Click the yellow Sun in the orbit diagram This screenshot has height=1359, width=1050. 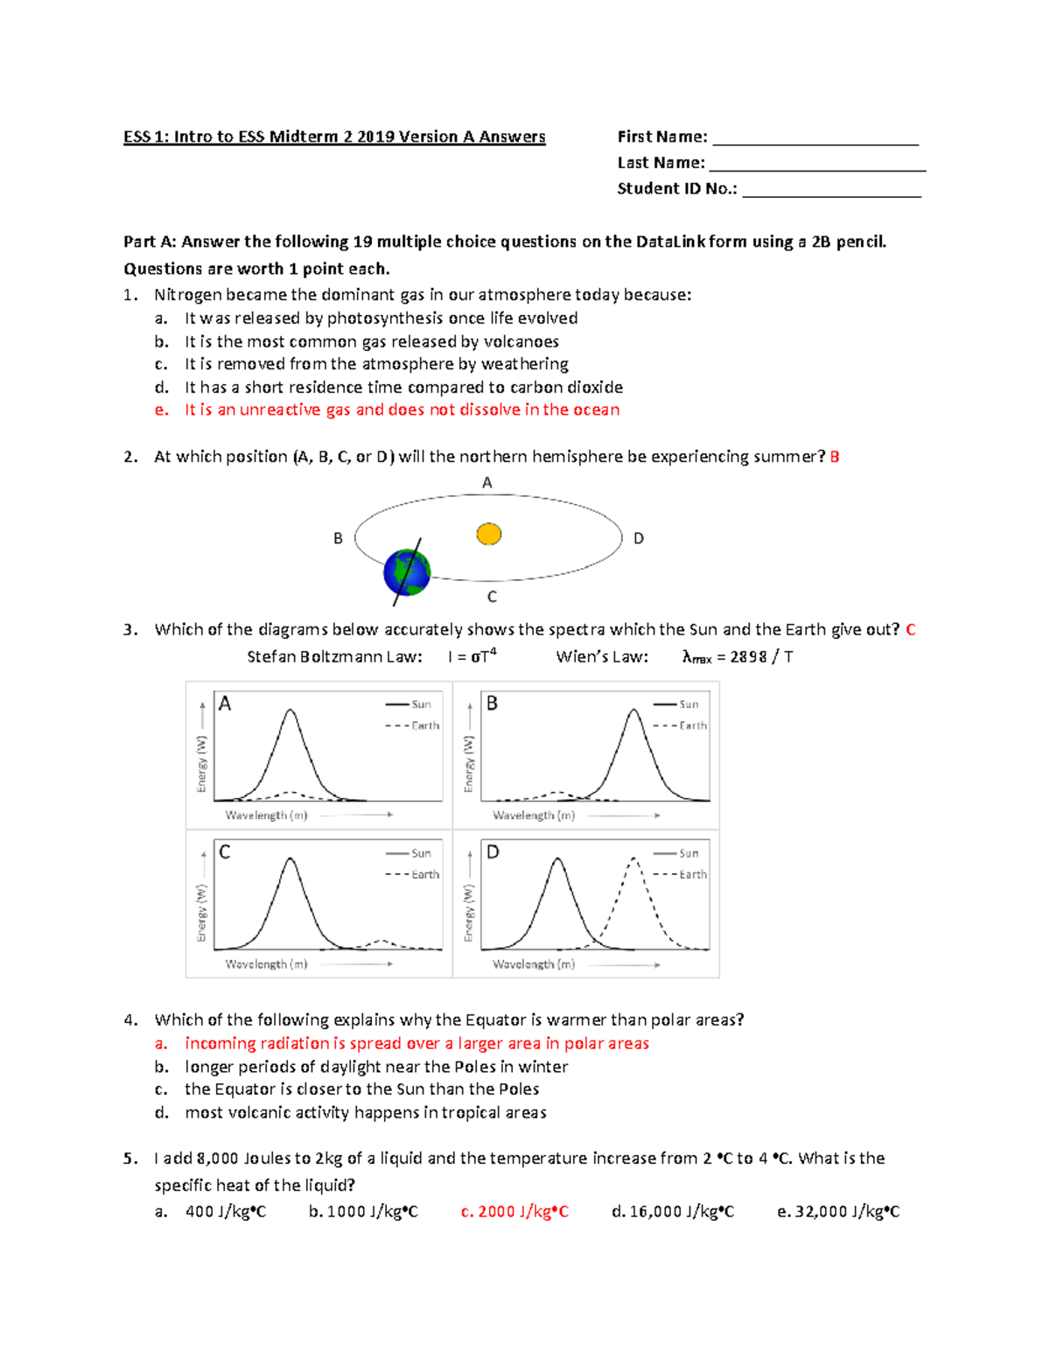click(x=488, y=534)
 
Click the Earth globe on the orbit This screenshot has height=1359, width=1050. click(x=407, y=572)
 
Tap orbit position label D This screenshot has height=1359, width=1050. click(x=639, y=538)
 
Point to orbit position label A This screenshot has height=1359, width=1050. click(x=487, y=483)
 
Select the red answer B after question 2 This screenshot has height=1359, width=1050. click(x=835, y=457)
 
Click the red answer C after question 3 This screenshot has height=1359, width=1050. click(x=911, y=630)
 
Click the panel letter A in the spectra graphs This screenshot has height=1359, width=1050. click(x=225, y=704)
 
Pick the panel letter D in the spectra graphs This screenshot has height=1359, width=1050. click(x=493, y=852)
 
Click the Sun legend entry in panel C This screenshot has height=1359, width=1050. click(x=421, y=853)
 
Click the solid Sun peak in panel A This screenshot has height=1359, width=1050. click(x=290, y=713)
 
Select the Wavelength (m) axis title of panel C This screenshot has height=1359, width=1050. click(x=267, y=964)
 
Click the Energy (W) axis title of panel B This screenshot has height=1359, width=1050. click(x=469, y=764)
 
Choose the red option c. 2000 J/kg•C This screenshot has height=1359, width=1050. click(x=514, y=1212)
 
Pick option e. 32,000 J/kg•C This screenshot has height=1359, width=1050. click(x=838, y=1212)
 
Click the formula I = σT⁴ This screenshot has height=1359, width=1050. click(x=472, y=656)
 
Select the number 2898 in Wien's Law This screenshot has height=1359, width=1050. click(x=748, y=657)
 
